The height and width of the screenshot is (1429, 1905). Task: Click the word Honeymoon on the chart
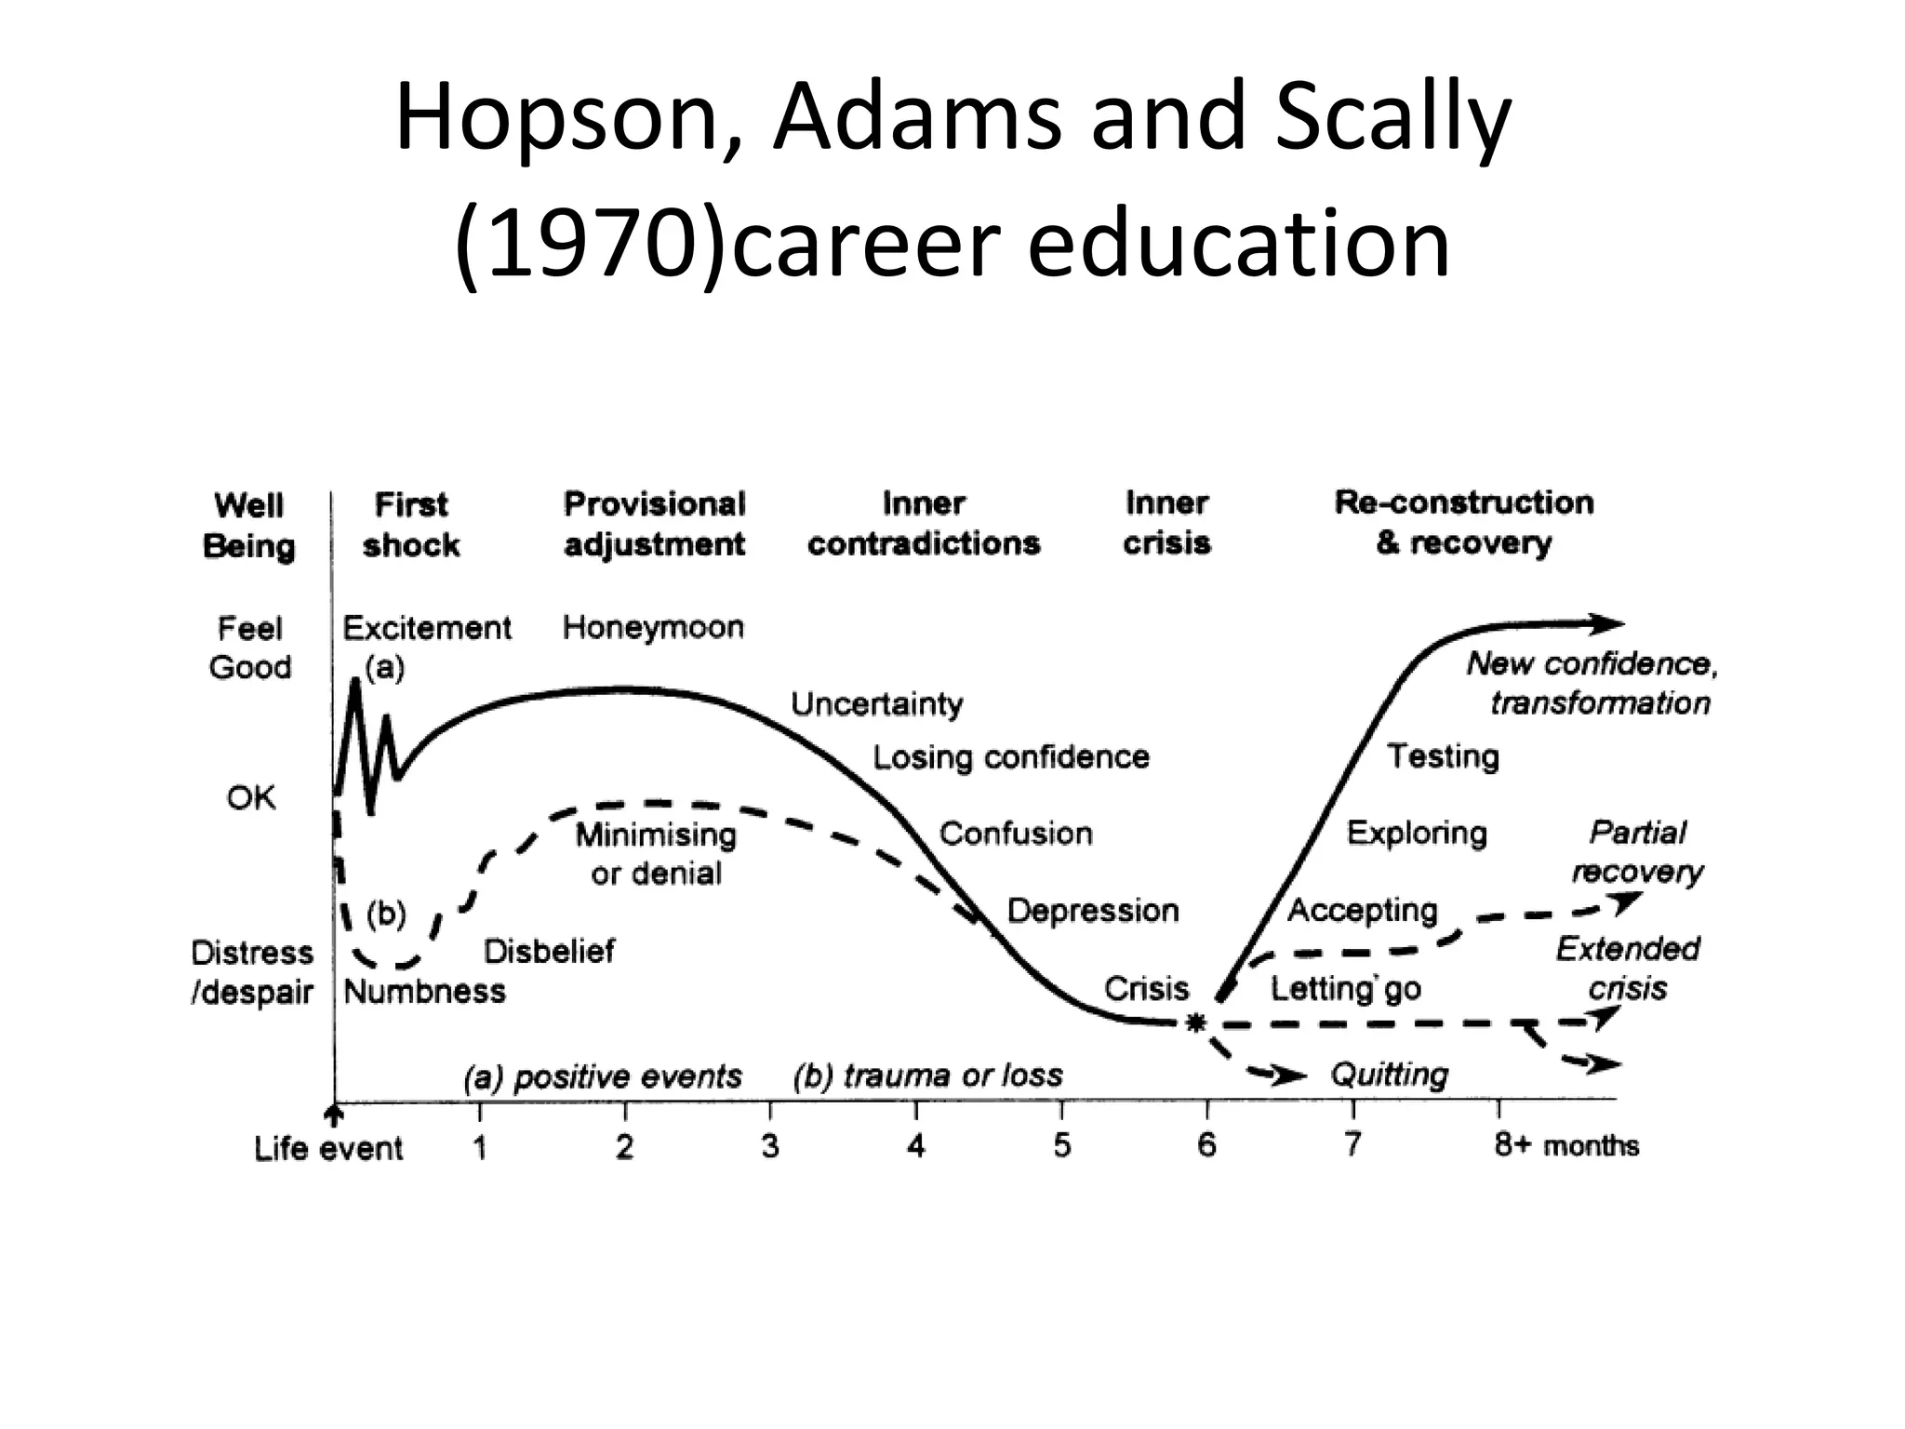[653, 628]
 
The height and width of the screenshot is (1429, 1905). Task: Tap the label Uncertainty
[876, 704]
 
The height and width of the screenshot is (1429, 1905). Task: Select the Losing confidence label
[1010, 757]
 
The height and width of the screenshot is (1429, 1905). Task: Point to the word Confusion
[1016, 834]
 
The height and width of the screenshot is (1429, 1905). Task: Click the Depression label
[1093, 910]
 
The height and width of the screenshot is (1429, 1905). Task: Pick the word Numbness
[424, 992]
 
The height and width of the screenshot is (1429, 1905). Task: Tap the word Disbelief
[549, 951]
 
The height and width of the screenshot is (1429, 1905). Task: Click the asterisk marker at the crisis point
[1195, 1023]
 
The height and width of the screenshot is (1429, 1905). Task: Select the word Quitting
[1389, 1075]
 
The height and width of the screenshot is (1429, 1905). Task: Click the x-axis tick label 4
[916, 1145]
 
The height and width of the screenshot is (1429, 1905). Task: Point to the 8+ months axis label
[1566, 1145]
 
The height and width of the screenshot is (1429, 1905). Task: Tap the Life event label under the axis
[328, 1149]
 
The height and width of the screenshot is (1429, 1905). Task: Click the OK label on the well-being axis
[251, 798]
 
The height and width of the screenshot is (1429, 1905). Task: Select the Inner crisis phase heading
[1166, 523]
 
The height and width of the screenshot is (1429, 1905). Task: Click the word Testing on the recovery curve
[1443, 756]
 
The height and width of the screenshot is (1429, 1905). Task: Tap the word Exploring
[1417, 833]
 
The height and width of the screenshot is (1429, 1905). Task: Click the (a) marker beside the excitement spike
[384, 668]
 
